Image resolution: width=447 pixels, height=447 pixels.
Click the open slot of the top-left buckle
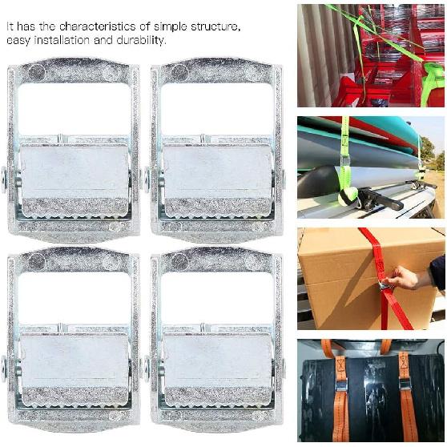[74, 108]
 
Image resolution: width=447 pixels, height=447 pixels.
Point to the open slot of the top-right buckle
[216, 108]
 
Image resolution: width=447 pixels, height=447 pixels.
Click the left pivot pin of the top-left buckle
[4, 179]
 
